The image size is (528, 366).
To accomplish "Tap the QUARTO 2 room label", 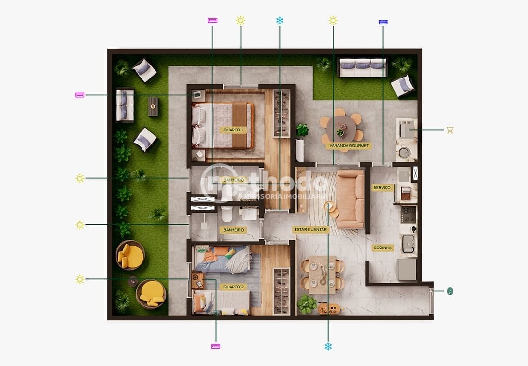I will pyautogui.click(x=233, y=287).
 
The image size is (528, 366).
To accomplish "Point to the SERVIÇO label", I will pyautogui.click(x=383, y=188).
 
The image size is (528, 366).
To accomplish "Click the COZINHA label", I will pyautogui.click(x=383, y=248).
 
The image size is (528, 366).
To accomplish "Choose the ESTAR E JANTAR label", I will pyautogui.click(x=310, y=230).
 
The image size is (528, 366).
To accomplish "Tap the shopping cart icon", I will pyautogui.click(x=450, y=130).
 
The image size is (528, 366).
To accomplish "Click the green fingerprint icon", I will pyautogui.click(x=450, y=291).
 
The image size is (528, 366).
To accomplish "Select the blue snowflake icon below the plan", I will pyautogui.click(x=328, y=346).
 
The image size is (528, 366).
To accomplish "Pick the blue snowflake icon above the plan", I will pyautogui.click(x=280, y=20).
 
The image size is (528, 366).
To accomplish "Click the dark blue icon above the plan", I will pyautogui.click(x=383, y=22).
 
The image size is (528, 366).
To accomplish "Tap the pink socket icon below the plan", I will pyautogui.click(x=216, y=346).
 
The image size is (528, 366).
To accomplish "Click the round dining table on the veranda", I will pyautogui.click(x=341, y=129).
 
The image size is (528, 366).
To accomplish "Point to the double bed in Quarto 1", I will pyautogui.click(x=223, y=125).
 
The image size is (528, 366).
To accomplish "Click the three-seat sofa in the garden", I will pyautogui.click(x=362, y=67).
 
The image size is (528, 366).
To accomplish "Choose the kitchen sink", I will pyautogui.click(x=409, y=244).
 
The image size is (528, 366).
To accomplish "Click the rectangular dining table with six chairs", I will pyautogui.click(x=322, y=274).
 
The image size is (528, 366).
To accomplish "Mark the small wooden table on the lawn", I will pyautogui.click(x=153, y=106).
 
